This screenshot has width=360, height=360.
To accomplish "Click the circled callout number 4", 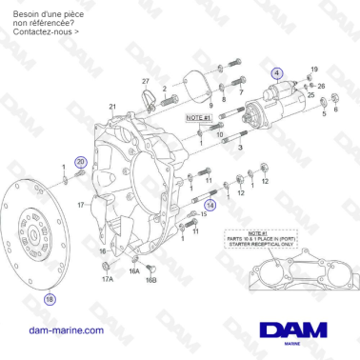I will [276, 72].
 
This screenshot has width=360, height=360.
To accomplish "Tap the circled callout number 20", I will [80, 163].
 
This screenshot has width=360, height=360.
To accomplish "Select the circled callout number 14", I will [211, 203].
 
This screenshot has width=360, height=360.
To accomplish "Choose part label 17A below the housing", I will [107, 279].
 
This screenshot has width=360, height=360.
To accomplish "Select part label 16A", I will [134, 271].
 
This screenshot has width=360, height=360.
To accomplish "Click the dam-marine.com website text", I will [67, 330].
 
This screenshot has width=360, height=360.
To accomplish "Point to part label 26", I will [321, 87].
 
